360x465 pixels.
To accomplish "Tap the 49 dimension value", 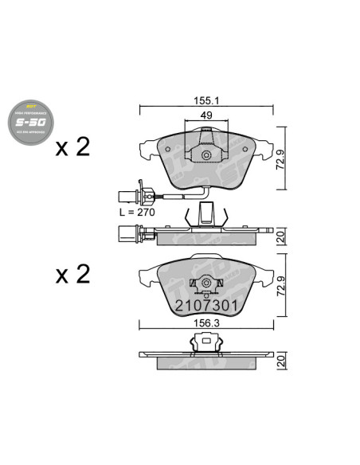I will (x=205, y=116).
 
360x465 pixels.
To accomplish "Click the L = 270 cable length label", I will (x=136, y=214).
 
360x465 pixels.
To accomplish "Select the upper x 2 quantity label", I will (x=72, y=147).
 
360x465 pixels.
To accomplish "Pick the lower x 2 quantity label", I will (x=72, y=275).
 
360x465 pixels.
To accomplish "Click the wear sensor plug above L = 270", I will (x=127, y=193).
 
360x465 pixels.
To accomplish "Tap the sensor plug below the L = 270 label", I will (x=126, y=233).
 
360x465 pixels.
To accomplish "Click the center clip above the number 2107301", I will (x=205, y=283).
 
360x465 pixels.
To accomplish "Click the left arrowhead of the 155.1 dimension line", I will (x=142, y=109).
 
